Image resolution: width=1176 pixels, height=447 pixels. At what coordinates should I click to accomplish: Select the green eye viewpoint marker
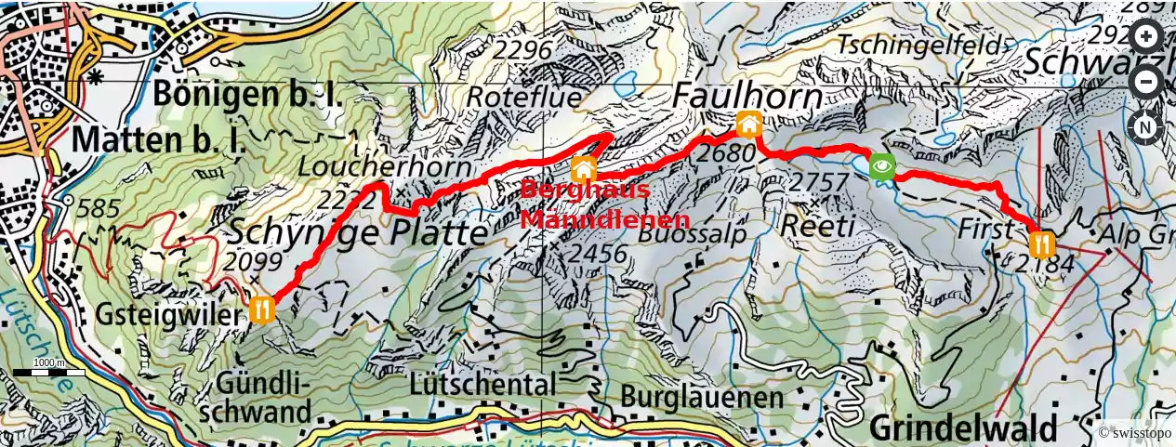pyautogui.click(x=882, y=167)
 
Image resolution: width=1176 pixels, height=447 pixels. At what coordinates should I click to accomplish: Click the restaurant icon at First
pyautogui.click(x=1041, y=244)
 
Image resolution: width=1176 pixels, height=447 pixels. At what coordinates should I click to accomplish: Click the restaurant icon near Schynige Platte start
pyautogui.click(x=262, y=309)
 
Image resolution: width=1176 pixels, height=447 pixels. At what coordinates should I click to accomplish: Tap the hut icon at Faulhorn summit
pyautogui.click(x=748, y=124)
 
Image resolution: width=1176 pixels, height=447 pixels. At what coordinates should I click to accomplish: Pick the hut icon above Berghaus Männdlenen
pyautogui.click(x=583, y=168)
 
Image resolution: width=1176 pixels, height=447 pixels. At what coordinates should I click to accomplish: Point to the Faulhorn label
pyautogui.click(x=747, y=96)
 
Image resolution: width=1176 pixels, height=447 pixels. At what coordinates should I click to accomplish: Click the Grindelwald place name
pyautogui.click(x=964, y=429)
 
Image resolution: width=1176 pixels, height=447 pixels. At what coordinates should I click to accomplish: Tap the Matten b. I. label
pyautogui.click(x=160, y=140)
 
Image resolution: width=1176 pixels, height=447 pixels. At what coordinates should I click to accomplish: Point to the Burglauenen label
pyautogui.click(x=703, y=398)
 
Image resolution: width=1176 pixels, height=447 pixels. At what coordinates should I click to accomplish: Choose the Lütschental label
pyautogui.click(x=482, y=383)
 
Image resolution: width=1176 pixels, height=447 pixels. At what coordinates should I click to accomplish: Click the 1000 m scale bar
pyautogui.click(x=48, y=371)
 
